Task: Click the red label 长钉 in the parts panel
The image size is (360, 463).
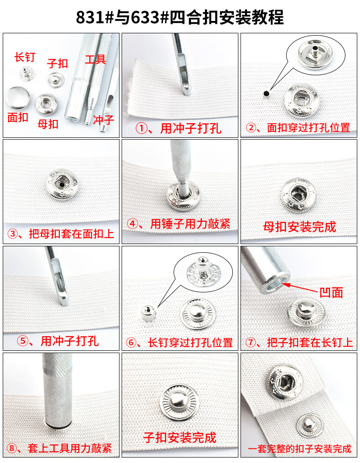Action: point(25,57)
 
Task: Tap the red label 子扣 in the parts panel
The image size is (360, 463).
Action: point(57,63)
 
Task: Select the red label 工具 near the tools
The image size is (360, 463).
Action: point(95,59)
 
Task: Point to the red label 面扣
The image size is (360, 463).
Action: point(18,117)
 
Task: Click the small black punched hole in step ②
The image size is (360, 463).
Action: point(265,93)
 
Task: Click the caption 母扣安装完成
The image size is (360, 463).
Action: point(299,226)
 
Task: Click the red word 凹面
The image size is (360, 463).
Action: point(331,292)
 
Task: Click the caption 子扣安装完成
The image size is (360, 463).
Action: point(180,437)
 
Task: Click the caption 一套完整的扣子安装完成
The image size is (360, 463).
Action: point(299,449)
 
